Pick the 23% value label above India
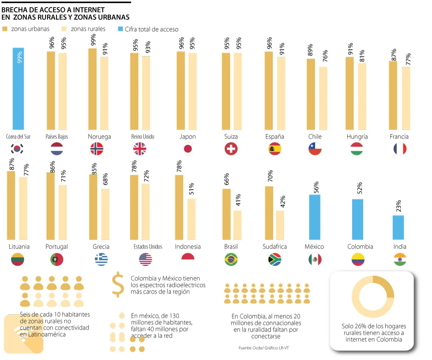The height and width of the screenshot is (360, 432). coord(398,206)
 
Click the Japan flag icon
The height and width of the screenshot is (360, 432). coord(188,149)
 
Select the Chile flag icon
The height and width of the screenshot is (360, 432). coord(315,149)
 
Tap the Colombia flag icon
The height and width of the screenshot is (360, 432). coord(358,260)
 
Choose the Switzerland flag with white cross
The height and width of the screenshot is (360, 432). coord(231,149)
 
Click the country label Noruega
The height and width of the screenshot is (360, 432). coord(99,137)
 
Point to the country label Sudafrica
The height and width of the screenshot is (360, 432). coord(275,247)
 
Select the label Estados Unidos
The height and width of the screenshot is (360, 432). coord(148,247)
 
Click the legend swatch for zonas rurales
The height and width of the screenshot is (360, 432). coord(64,29)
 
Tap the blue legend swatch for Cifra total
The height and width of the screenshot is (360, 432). coord(121,29)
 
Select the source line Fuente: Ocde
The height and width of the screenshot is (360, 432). coord(264,348)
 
